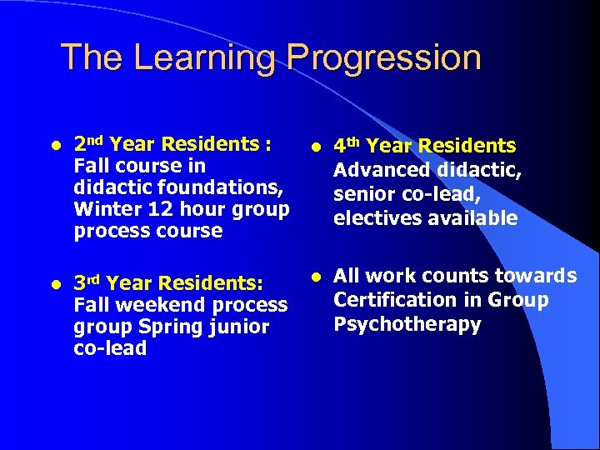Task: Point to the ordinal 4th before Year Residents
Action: [347, 146]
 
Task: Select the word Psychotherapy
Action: [407, 324]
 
